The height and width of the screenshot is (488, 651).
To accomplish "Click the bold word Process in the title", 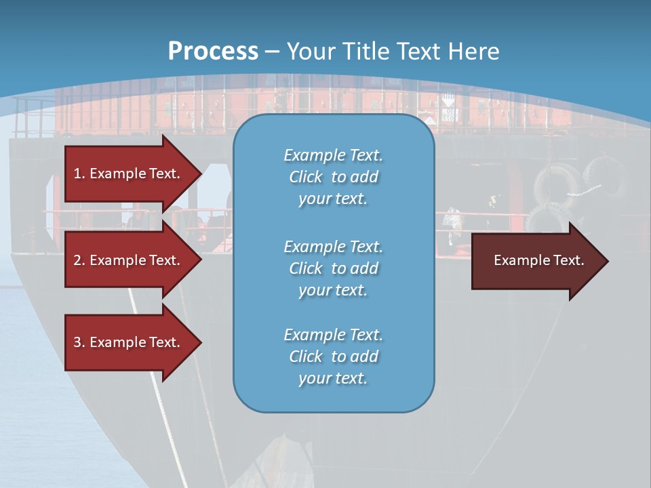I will point(213,52).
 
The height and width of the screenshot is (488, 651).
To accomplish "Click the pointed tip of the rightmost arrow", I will point(607,261).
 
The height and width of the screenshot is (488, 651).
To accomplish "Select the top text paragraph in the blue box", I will point(333,177).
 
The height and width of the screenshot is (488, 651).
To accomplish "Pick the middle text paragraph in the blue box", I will point(333,268).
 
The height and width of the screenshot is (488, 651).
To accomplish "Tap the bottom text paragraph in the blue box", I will point(333,357).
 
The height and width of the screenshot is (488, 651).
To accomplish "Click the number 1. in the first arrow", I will point(79,174).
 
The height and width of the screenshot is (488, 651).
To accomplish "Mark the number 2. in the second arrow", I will point(79,260).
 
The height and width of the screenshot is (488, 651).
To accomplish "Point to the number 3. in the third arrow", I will point(79,342).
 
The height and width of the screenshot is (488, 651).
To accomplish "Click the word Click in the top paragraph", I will point(306,178).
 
